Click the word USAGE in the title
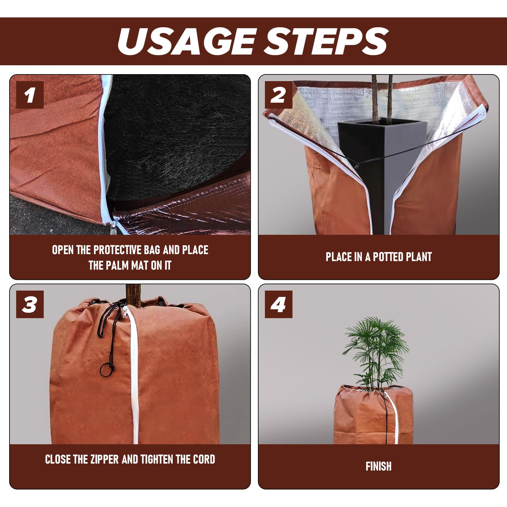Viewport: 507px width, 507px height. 186,41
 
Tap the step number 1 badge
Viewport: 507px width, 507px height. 30,95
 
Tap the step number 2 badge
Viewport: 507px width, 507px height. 279,95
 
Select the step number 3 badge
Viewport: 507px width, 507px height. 30,304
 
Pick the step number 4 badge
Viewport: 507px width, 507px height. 279,304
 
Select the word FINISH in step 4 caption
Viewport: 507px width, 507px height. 379,466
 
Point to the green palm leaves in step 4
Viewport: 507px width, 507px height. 377,350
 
